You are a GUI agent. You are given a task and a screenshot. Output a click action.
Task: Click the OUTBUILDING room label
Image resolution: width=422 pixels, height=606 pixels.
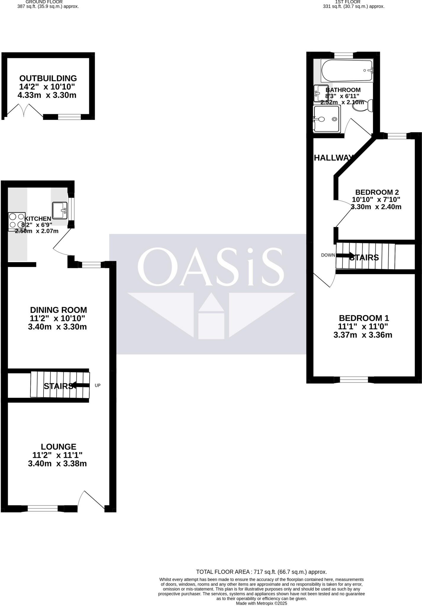tap(48, 78)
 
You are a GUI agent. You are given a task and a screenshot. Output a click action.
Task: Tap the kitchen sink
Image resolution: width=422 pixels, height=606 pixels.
tap(60, 210)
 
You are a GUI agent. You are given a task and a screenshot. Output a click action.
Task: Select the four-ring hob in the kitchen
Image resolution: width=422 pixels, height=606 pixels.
tap(16, 221)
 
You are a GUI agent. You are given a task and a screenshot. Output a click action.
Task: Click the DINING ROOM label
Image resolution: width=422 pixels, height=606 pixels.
tap(59, 310)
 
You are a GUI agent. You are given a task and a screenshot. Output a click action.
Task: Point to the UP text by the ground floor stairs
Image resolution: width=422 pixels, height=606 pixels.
tap(98, 385)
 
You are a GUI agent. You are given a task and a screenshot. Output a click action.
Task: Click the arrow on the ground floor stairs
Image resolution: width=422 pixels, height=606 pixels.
tap(80, 385)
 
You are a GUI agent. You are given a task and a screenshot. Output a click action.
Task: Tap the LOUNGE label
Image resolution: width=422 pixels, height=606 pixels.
tap(59, 447)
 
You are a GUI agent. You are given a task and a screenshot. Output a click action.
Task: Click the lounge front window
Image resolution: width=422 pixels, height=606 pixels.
tap(43, 509)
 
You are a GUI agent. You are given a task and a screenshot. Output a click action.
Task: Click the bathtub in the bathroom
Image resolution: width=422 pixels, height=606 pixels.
tap(347, 70)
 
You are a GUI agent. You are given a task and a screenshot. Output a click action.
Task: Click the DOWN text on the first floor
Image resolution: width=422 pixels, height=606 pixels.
tap(328, 255)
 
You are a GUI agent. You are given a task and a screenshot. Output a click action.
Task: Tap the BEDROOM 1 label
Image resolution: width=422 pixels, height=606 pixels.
tap(364, 318)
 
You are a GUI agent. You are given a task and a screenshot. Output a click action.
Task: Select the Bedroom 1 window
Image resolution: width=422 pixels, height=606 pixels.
tap(354, 380)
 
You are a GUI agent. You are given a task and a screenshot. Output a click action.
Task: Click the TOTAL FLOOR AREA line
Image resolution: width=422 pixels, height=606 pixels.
tap(261, 572)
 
